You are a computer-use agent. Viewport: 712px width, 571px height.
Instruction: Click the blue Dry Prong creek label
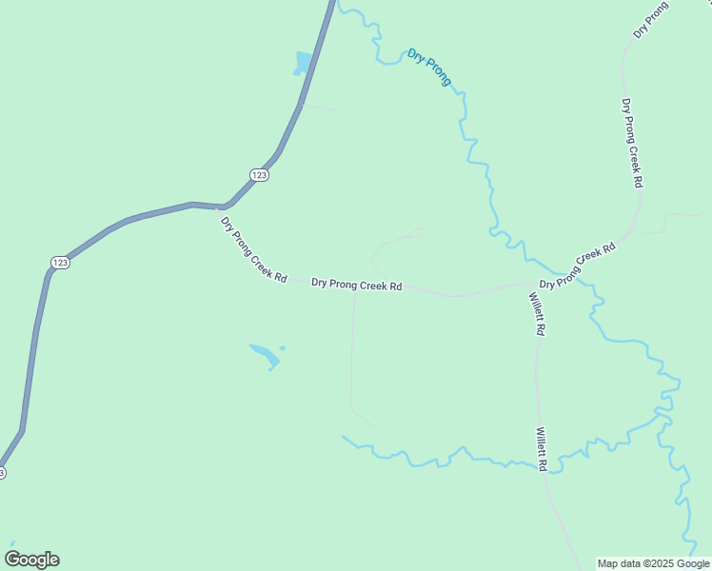[429, 68]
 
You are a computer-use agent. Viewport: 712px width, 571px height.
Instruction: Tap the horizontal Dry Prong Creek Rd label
[356, 285]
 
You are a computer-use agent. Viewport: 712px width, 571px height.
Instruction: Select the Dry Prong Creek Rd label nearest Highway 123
[253, 249]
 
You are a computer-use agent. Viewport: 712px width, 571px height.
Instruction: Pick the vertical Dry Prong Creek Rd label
[632, 142]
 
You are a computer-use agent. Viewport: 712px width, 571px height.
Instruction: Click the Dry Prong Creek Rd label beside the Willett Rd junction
[578, 266]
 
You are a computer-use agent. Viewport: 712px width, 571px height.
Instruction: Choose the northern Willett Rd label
[537, 313]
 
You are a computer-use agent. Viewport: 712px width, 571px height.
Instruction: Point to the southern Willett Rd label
[540, 449]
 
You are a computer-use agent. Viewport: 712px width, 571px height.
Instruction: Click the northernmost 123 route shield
[260, 174]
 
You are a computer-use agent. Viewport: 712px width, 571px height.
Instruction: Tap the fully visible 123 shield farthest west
[60, 262]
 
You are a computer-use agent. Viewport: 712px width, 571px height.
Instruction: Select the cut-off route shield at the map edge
[2, 472]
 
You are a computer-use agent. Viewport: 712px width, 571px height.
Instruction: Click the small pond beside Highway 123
[304, 64]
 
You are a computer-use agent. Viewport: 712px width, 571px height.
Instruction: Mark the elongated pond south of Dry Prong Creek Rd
[265, 355]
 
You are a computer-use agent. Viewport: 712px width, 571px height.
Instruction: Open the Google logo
[31, 560]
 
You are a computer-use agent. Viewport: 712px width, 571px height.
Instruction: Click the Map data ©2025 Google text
[653, 563]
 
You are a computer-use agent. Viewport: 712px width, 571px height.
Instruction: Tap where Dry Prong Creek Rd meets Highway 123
[224, 207]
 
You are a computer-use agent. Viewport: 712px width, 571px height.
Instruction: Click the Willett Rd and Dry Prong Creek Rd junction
[532, 284]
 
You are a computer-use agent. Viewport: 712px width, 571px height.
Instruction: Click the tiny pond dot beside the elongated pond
[283, 347]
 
